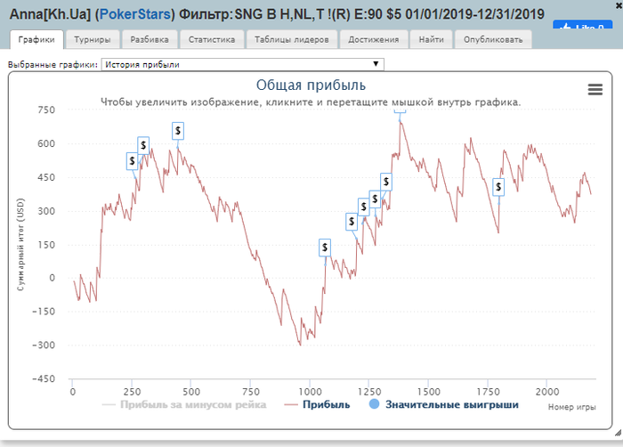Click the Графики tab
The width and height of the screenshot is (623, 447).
click(36, 40)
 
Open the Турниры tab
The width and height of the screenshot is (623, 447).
click(92, 40)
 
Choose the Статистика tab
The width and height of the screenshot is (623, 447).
click(211, 40)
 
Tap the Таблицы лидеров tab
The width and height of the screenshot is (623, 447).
click(290, 40)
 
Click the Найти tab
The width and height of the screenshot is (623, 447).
click(431, 40)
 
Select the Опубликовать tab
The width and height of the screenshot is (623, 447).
click(493, 40)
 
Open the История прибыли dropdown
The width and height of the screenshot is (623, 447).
click(243, 64)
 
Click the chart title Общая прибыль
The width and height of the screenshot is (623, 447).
click(311, 85)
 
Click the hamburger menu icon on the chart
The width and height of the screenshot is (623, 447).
click(596, 88)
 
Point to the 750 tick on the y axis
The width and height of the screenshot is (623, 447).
click(46, 110)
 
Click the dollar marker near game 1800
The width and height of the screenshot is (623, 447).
click(498, 187)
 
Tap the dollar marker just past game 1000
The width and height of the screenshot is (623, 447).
click(325, 247)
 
